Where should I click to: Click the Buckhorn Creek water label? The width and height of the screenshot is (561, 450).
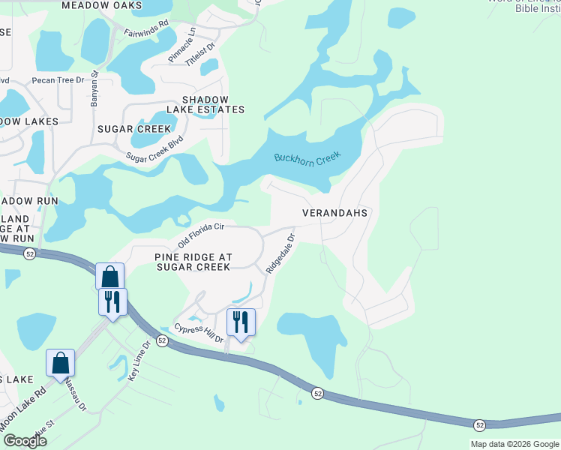307,158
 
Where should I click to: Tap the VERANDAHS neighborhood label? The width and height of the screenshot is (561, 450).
334,213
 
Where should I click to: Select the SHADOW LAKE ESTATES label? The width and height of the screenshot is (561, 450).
214,104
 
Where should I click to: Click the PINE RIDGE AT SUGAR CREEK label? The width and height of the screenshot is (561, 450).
193,262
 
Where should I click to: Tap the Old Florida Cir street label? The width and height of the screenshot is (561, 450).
201,235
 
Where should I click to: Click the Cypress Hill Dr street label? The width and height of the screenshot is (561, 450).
199,333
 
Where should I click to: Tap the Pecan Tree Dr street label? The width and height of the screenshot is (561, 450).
58,79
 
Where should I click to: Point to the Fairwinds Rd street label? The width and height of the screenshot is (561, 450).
147,34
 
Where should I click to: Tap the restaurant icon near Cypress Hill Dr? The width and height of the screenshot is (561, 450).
241,322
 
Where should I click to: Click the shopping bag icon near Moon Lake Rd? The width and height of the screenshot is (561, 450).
61,363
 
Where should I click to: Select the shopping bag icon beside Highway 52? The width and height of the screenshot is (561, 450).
110,276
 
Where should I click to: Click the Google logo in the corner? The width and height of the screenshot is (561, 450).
25,440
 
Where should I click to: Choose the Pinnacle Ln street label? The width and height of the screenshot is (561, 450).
182,46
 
